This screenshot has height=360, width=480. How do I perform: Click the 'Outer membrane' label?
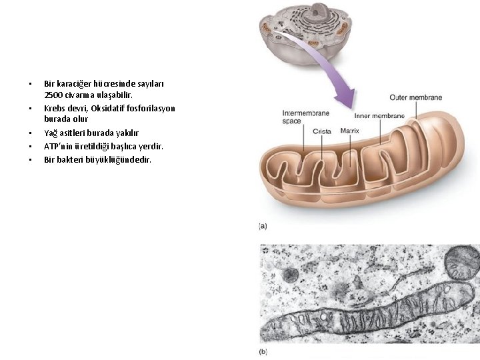pos(415,98)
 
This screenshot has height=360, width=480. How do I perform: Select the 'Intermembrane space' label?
pos(301,117)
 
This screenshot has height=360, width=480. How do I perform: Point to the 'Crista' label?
pos(322,131)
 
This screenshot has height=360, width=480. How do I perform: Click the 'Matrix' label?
pos(350,131)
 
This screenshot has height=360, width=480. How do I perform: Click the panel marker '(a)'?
pos(263,226)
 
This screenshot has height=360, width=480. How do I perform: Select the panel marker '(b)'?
pos(263,351)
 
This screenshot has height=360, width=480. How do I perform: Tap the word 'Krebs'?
pos(55,108)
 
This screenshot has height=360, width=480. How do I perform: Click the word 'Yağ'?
pos(51,133)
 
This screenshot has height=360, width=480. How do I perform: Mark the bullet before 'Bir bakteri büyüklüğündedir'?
pos(30,160)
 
